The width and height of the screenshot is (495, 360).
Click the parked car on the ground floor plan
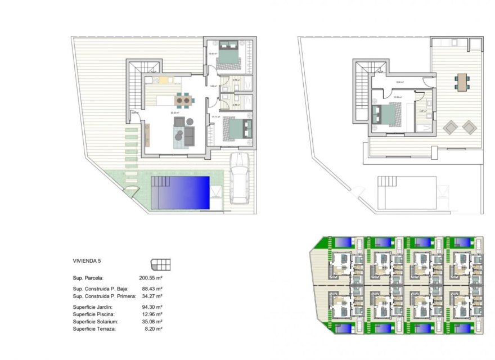[240, 178]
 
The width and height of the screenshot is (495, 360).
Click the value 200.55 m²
[150, 278]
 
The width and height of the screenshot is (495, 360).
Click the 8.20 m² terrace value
[151, 328]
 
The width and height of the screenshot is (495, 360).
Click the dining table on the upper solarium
[462, 82]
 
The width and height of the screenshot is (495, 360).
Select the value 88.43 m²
[150, 289]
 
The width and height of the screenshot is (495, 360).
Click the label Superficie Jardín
[92, 307]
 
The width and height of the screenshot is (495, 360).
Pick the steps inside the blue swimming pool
[160, 182]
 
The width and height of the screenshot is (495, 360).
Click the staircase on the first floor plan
[361, 90]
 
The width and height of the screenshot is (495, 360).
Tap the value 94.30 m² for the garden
[150, 307]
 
